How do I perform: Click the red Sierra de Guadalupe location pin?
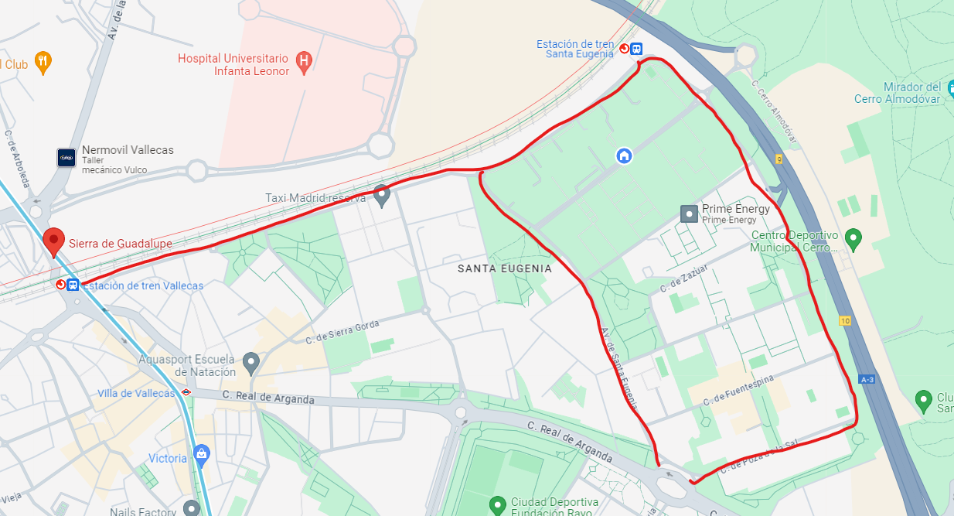pos(53,241)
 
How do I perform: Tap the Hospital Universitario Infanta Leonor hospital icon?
pos(304,62)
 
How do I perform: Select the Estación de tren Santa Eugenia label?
pos(575,50)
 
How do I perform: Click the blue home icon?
pos(624,155)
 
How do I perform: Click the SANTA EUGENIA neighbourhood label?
pos(504,268)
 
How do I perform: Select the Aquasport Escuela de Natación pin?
pos(250,361)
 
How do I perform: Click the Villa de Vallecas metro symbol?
pos(186,392)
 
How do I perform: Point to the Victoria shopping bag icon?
pos(201,453)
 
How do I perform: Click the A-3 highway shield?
pos(867,379)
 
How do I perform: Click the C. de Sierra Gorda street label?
pos(342,332)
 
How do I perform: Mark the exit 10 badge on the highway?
pos(843,320)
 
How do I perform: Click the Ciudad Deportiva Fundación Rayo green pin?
pos(498,505)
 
